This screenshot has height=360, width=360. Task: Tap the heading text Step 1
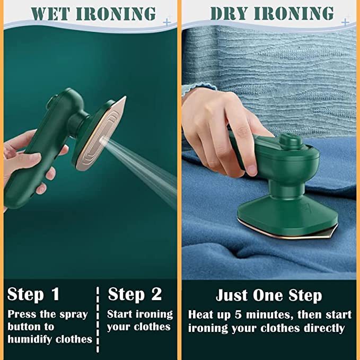click(33, 294)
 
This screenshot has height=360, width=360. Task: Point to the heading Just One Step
click(268, 295)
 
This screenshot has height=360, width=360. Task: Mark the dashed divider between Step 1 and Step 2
click(98, 318)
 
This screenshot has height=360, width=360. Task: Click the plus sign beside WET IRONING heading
click(168, 22)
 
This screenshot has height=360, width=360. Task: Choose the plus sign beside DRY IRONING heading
click(345, 22)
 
